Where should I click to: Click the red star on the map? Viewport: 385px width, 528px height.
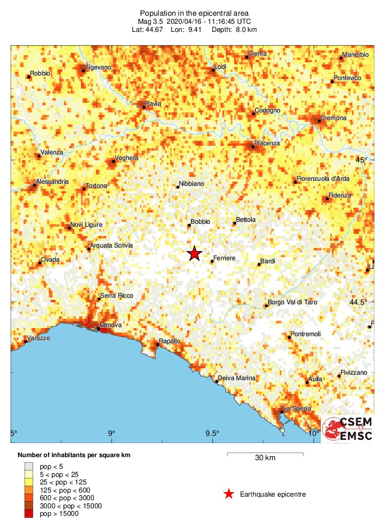coord(195,254)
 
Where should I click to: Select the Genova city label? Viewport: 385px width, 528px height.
coord(110,325)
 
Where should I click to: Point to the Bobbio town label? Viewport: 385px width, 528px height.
coord(201,222)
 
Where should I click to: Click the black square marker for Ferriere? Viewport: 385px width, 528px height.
coord(212,261)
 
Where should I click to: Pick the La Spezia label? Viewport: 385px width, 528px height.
coord(297,409)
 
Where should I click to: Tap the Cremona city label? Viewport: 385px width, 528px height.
coord(334,118)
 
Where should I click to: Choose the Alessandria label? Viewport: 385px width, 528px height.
coord(52,182)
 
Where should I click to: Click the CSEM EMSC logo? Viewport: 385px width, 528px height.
coord(348,428)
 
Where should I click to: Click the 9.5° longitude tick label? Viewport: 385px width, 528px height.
coord(212,433)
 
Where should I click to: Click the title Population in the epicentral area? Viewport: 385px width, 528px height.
coord(195,13)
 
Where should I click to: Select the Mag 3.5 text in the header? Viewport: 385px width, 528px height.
coord(151,21)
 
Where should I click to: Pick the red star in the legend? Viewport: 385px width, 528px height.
coord(229,494)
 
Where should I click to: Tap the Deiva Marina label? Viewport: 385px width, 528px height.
coord(236,378)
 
